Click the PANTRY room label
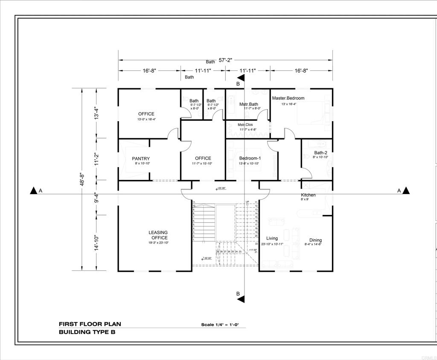point(140,159)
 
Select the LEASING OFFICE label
point(158,235)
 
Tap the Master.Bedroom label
point(288,98)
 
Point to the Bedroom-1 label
point(250,158)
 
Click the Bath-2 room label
point(320,153)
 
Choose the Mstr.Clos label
point(245,125)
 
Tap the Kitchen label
point(308,195)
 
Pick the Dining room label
point(315,240)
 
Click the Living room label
point(272,238)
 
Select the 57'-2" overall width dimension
point(226,61)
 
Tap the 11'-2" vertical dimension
point(97,159)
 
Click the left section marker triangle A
point(33,191)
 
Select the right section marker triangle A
point(406,191)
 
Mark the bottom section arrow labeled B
point(241,298)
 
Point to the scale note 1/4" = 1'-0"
point(220,325)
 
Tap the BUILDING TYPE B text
point(87,332)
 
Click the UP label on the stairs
point(247,202)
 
